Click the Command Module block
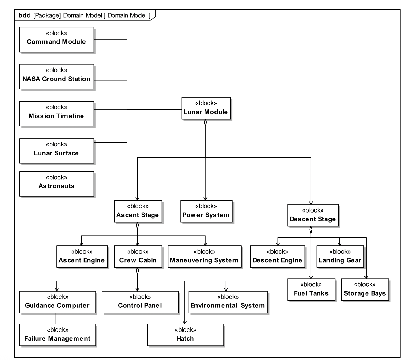click(57, 40)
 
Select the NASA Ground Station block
click(57, 77)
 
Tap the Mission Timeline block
click(57, 114)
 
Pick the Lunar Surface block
click(57, 151)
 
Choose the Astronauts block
click(57, 183)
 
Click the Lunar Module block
click(206, 108)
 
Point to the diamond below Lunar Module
click(205, 123)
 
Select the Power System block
click(206, 211)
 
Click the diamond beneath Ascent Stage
click(137, 226)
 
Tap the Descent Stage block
click(313, 215)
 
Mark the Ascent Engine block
click(81, 257)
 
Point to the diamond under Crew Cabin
click(137, 272)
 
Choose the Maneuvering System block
click(204, 257)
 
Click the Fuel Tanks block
click(311, 289)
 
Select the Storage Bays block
click(365, 289)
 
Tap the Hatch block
click(185, 335)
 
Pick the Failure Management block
click(57, 335)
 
